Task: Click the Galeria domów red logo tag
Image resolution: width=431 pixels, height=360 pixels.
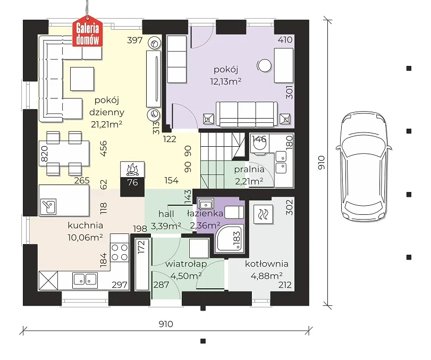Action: pos(87,31)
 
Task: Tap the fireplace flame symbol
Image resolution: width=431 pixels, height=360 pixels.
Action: pos(132,169)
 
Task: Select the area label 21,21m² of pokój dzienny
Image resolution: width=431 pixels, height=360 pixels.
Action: pos(107,124)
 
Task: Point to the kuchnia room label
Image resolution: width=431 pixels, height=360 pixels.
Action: pos(86,225)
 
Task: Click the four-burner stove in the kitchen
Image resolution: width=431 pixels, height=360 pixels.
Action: pos(120,252)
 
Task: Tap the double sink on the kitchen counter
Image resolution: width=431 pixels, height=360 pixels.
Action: pos(85,279)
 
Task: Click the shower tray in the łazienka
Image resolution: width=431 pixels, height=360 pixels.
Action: pos(230,238)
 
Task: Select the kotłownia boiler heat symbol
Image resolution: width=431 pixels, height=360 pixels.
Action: pos(263,214)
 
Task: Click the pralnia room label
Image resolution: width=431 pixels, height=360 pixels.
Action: pos(249,170)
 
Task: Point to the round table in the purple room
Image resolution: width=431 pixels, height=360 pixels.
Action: pos(265,65)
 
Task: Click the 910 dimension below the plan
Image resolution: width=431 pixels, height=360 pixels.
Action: pos(166,324)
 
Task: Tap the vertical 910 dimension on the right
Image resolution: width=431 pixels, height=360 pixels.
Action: pos(321,163)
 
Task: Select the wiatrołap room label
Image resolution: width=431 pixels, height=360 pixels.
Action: pos(186,264)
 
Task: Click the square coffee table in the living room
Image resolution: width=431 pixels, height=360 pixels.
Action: pos(82,79)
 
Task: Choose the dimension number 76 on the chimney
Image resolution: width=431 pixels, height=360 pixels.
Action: pos(132,182)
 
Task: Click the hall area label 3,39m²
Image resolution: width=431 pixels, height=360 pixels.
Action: pos(166,226)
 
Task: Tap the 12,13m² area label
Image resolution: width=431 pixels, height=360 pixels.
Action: pos(226,81)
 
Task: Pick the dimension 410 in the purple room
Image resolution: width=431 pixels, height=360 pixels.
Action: pos(285,40)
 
